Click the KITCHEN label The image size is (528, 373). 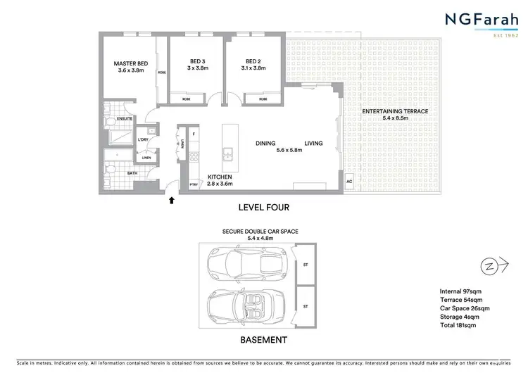point(220,177)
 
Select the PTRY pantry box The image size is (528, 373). point(194,184)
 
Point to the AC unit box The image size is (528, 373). point(348,182)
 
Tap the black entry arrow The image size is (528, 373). point(172,201)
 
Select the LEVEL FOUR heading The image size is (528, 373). point(264,208)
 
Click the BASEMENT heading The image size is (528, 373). point(264,339)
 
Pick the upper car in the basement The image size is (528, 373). point(244,265)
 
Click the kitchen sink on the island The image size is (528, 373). point(227,153)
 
